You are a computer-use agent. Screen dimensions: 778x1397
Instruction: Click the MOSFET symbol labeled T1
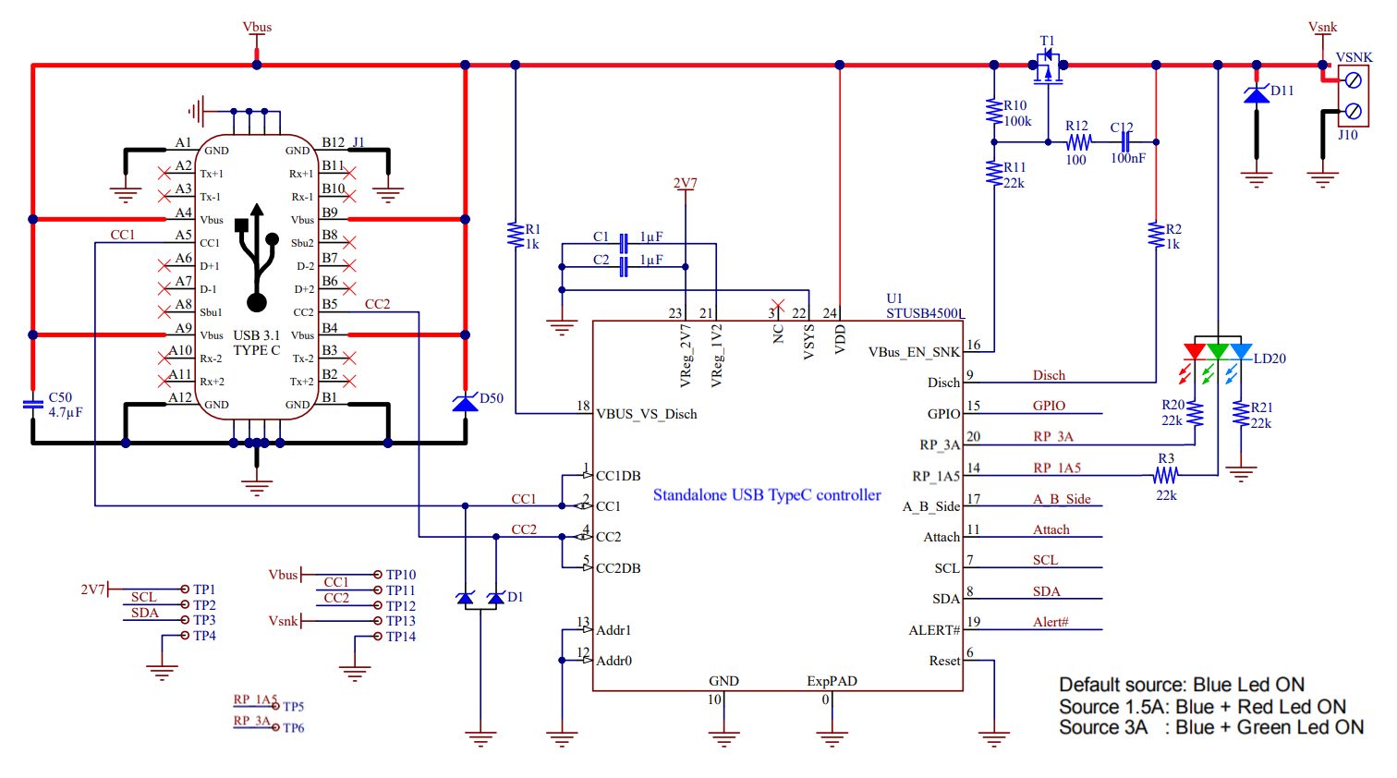(1048, 67)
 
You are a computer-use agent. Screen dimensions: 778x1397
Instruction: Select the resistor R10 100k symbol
(994, 112)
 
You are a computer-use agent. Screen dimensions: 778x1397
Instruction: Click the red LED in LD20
(1195, 352)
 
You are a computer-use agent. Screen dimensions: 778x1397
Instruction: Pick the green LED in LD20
(1218, 352)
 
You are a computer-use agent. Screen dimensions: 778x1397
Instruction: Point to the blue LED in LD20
(1241, 352)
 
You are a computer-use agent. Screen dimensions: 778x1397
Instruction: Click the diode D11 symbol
(1256, 94)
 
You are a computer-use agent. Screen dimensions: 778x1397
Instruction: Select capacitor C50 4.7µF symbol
(33, 404)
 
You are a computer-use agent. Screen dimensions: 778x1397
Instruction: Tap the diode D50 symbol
(466, 403)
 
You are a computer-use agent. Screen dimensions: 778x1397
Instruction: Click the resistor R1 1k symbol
(516, 235)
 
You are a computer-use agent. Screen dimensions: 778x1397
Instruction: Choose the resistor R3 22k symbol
(1166, 475)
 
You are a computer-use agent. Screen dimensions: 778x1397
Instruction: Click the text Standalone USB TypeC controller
(767, 495)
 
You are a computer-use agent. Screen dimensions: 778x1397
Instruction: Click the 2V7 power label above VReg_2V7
(685, 183)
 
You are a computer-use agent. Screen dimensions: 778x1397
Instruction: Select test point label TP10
(400, 575)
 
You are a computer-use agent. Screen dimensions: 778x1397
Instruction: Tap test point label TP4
(204, 636)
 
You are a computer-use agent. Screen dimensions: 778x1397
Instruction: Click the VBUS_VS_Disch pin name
(646, 414)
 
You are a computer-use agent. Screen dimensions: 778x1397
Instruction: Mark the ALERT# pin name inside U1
(934, 630)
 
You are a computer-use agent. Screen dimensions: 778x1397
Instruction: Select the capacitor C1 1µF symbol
(625, 244)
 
